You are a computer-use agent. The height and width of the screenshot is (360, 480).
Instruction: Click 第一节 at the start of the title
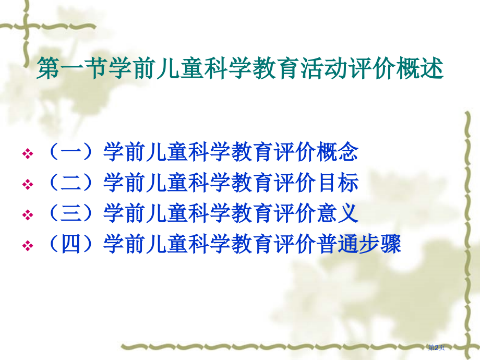click(x=70, y=69)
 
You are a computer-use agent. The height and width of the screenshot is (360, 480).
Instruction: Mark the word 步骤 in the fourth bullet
click(x=380, y=244)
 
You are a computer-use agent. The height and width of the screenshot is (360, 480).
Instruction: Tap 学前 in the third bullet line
click(x=125, y=213)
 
